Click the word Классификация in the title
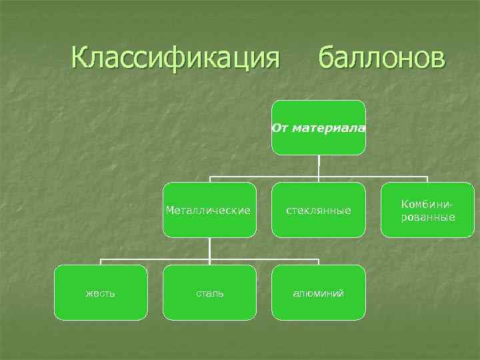pyautogui.click(x=175, y=58)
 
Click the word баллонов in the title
pyautogui.click(x=380, y=58)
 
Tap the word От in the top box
pyautogui.click(x=279, y=127)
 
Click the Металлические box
pyautogui.click(x=209, y=210)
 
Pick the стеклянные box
pyautogui.click(x=319, y=210)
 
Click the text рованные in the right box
pyautogui.click(x=428, y=217)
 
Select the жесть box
pyautogui.click(x=101, y=293)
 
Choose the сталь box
pyautogui.click(x=209, y=293)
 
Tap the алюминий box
pyautogui.click(x=319, y=293)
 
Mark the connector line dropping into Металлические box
pyautogui.click(x=210, y=179)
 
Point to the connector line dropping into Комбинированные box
pyautogui.click(x=427, y=179)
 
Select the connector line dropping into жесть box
pyautogui.click(x=101, y=262)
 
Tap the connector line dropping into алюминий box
pyautogui.click(x=319, y=262)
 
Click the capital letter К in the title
pyautogui.click(x=81, y=58)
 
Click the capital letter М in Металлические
pyautogui.click(x=170, y=210)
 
